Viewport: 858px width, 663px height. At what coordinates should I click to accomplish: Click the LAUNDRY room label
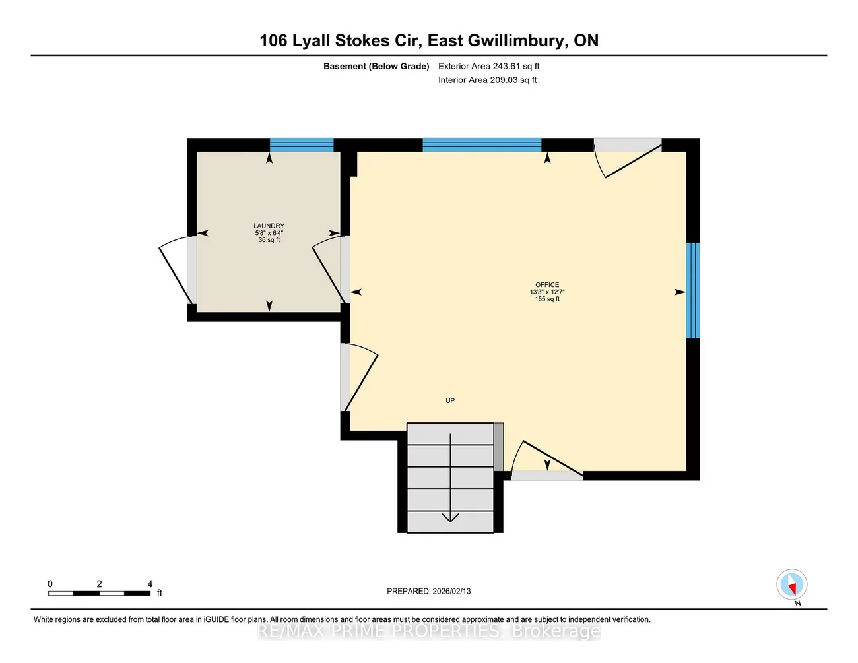[269, 226]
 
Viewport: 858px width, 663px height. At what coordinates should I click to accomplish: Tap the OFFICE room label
[547, 285]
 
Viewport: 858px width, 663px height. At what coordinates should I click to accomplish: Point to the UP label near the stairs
[450, 400]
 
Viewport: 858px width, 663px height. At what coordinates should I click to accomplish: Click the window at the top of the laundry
[302, 144]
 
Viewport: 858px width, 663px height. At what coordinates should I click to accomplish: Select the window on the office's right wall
[692, 290]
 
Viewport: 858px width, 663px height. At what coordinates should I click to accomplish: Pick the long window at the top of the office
[482, 144]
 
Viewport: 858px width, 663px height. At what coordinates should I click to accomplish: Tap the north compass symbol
[791, 585]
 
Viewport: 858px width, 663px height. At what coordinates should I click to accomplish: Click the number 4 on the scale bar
[150, 584]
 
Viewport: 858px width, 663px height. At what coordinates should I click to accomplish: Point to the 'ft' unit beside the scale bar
[160, 593]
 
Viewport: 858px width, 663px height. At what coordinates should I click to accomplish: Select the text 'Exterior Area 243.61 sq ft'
[488, 66]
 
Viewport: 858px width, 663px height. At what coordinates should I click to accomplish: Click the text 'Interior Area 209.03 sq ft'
[487, 80]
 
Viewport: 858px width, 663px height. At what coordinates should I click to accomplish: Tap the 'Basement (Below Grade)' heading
[376, 66]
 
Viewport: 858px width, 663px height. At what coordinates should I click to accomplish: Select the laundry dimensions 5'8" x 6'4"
[269, 233]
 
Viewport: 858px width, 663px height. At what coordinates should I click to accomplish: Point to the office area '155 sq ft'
[547, 299]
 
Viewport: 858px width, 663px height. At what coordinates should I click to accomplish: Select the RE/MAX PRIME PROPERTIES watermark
[429, 631]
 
